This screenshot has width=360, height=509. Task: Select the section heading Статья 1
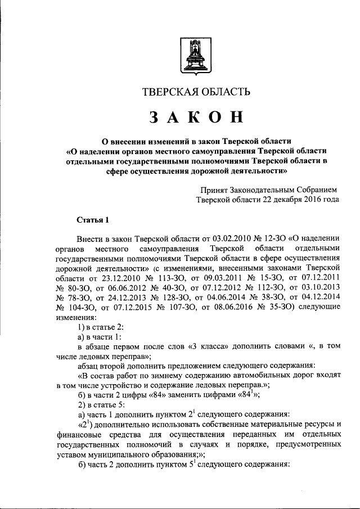tap(91, 219)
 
